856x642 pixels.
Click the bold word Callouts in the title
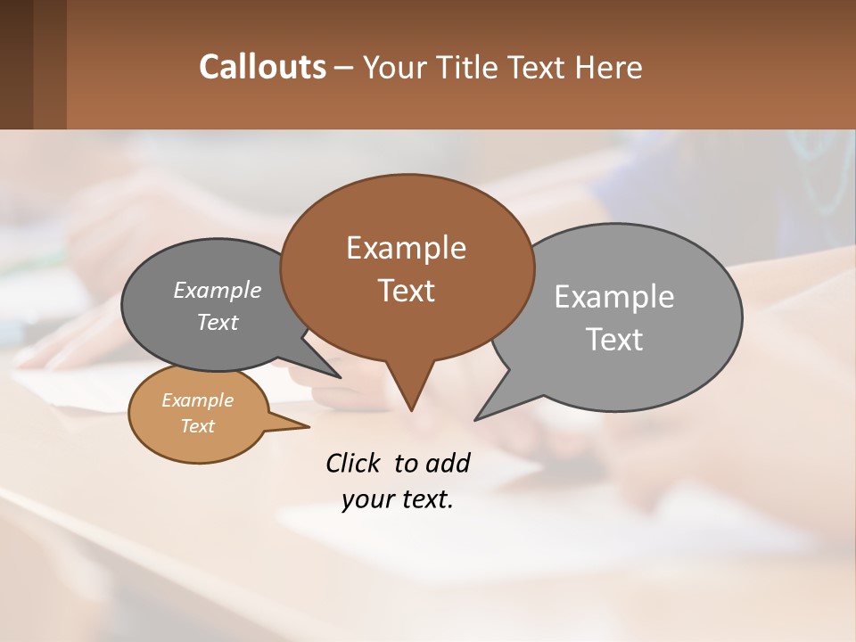tap(262, 68)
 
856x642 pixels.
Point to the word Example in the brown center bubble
tap(406, 248)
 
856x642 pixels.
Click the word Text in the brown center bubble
tap(406, 291)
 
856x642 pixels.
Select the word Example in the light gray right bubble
tap(613, 297)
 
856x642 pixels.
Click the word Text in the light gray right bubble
tap(613, 340)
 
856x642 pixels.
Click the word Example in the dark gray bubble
tap(217, 291)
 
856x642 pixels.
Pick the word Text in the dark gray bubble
tap(217, 323)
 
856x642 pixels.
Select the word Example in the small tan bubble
tap(197, 400)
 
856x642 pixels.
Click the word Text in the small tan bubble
tap(197, 426)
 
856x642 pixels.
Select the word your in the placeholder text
tap(365, 499)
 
